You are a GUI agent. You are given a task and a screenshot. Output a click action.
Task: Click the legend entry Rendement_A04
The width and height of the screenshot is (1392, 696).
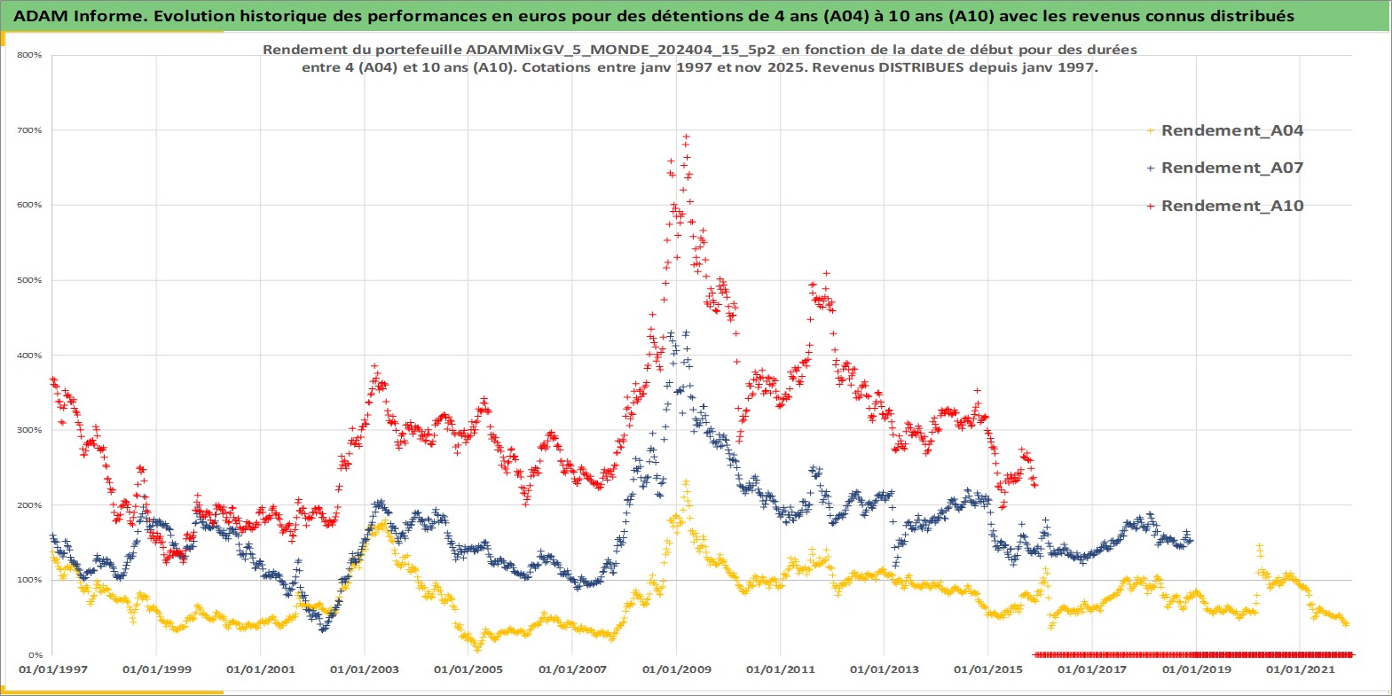(x=1231, y=130)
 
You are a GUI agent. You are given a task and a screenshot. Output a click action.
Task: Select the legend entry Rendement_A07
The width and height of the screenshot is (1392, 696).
(x=1231, y=168)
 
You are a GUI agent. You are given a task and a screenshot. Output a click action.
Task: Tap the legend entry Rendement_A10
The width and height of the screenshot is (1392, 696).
(x=1231, y=206)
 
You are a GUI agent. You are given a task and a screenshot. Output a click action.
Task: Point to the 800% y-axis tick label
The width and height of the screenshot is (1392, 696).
(x=29, y=55)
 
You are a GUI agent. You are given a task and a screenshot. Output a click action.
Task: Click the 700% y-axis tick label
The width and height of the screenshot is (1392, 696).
(x=29, y=130)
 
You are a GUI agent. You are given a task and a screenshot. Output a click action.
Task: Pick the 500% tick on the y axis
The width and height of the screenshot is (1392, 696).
(x=29, y=280)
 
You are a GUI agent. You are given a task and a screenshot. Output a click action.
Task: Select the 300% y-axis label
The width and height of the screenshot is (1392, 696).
(x=29, y=430)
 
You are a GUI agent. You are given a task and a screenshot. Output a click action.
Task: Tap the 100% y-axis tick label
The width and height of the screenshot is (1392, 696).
(x=29, y=580)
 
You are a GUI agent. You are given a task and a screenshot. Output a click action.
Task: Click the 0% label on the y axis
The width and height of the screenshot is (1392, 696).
(x=35, y=655)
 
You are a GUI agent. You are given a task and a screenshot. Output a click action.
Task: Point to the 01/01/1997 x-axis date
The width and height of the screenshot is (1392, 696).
(x=53, y=669)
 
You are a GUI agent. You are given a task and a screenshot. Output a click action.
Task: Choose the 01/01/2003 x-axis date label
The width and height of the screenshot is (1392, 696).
(x=365, y=669)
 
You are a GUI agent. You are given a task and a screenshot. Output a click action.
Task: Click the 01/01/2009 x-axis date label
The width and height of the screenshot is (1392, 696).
(x=677, y=669)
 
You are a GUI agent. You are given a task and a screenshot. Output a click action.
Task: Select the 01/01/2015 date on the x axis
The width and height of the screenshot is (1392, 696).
(x=988, y=669)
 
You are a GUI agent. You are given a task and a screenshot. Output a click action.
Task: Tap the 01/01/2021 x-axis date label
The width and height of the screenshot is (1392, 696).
(x=1300, y=669)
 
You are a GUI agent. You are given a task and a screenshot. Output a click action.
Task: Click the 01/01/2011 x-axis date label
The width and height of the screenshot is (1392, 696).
(x=781, y=669)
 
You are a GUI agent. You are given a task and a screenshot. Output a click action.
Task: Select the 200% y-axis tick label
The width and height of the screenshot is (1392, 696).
(x=29, y=505)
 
